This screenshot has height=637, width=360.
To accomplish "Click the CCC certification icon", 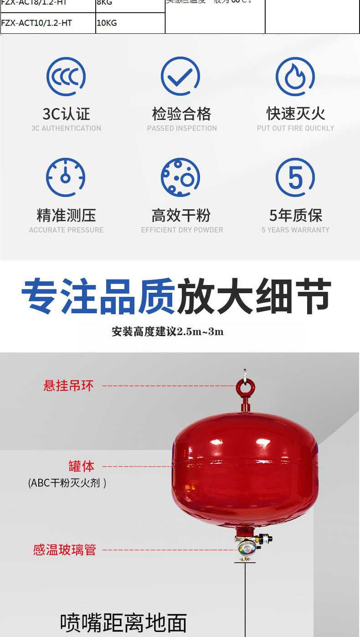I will pos(66,76).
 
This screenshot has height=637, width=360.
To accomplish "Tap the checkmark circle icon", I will pos(180,76).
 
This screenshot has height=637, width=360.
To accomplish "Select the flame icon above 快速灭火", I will pos(295,76).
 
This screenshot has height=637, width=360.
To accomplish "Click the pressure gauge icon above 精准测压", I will pos(66,177).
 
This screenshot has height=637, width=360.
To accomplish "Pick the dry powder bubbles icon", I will pos(180,177).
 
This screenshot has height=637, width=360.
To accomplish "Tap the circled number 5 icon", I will pos(295,177).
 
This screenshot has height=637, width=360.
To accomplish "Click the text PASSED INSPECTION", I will pos(182,129).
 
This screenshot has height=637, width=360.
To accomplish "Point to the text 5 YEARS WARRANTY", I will pos(295,230).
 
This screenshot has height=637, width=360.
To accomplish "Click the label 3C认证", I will pos(66,114).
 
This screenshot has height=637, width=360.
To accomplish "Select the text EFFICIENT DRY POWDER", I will pos(182,230).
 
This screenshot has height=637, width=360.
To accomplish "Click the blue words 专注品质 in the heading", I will pos(98,297).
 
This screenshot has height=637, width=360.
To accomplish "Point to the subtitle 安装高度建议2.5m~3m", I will pos(168,331).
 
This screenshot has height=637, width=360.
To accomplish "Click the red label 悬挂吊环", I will pos(68,386).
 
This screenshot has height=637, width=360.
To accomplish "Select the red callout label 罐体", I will pos(82,466).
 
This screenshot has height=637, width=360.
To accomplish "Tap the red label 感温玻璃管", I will pos(64,549).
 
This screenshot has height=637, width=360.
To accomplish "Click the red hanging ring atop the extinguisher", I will pos(245,388).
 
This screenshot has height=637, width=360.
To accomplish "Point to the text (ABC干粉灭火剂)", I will pos(67,482).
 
